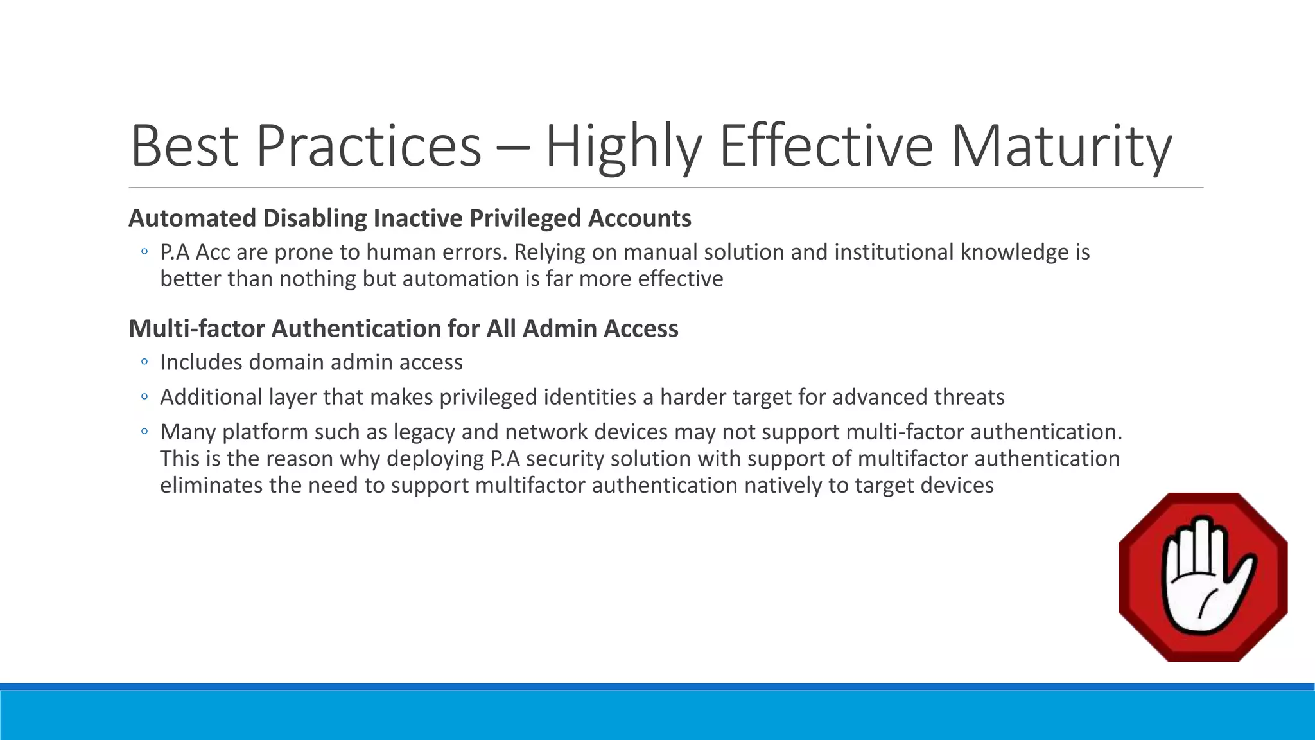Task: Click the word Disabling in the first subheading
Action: (315, 218)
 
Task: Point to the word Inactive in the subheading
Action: (418, 218)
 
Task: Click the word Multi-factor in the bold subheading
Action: (196, 328)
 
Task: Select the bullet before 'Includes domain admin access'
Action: (144, 362)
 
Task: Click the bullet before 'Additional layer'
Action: (144, 397)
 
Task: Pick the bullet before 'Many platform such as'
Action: (144, 432)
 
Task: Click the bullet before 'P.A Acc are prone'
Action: (144, 252)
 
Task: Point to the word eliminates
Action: (211, 485)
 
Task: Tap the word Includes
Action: (201, 362)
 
